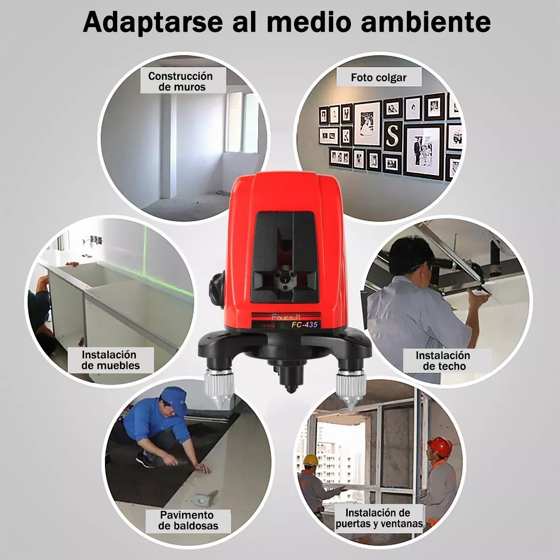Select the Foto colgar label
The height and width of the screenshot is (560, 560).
[x=378, y=77]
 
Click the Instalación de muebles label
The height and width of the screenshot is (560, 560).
[x=111, y=360]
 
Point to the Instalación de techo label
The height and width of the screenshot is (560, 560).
[x=442, y=360]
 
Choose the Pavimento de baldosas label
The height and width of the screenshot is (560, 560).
[x=188, y=521]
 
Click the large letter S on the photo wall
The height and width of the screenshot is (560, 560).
[x=393, y=135]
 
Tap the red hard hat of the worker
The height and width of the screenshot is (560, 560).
[x=439, y=447]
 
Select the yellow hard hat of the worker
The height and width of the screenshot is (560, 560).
[x=310, y=459]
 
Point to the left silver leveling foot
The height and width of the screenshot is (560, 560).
[x=218, y=383]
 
